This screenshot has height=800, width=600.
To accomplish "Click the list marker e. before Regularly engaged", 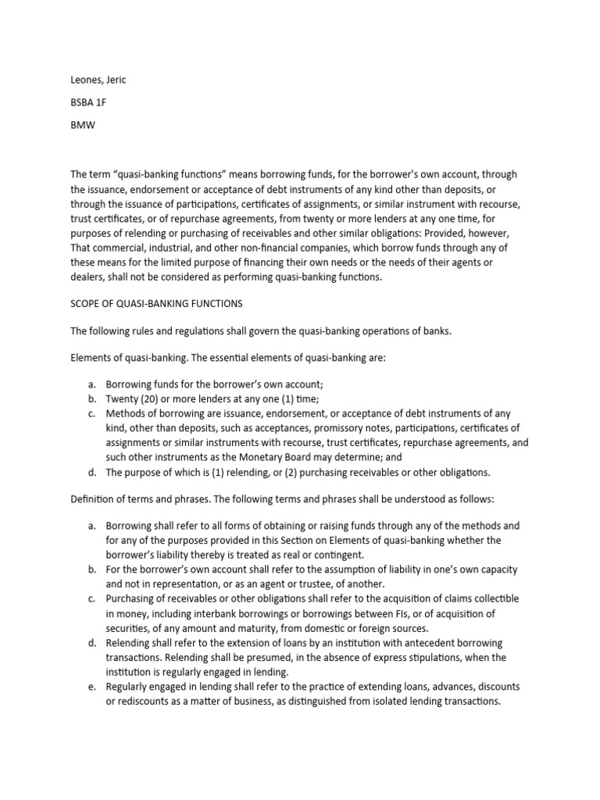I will coord(91,686).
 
